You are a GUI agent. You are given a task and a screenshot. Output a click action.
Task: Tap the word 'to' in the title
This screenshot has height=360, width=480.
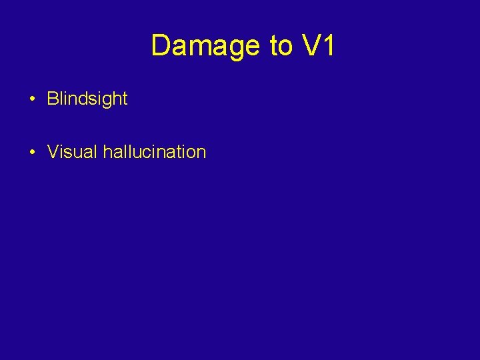tap(281, 46)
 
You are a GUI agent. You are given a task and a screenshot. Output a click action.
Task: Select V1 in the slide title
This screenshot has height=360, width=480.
tap(318, 46)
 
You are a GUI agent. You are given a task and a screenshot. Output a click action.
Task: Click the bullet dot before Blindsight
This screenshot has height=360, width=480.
tap(32, 100)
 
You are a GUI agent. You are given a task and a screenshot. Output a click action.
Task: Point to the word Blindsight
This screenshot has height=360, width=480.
tap(87, 99)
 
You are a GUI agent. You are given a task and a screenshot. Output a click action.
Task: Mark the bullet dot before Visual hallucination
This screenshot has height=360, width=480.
tap(32, 153)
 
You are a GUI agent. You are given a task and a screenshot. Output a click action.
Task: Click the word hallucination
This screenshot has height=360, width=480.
tap(155, 152)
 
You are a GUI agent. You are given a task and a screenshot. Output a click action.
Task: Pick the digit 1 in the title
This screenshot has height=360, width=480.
tap(329, 46)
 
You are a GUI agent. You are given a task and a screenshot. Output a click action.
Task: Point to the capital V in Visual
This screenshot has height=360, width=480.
tap(53, 152)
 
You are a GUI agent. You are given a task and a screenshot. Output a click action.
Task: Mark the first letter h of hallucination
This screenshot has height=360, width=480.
tap(107, 152)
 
